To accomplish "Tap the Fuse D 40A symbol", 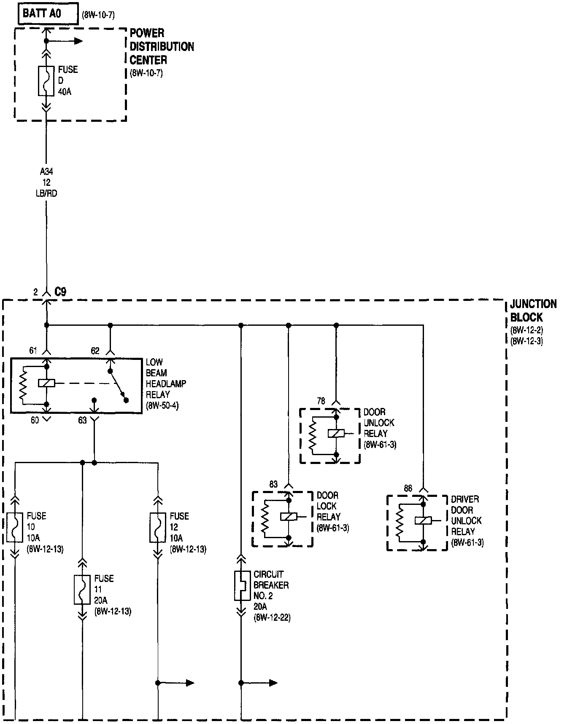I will point(46,81).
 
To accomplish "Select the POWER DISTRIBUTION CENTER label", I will point(162,46).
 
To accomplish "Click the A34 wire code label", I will point(46,172).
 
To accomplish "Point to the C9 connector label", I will point(60,292).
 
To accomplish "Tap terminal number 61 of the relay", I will point(34,351).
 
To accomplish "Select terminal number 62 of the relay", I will point(95,351).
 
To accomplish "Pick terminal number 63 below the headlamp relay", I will point(82,420).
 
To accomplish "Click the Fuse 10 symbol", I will point(15,527).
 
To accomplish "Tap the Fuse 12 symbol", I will point(158,527).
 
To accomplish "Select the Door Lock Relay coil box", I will point(289,517).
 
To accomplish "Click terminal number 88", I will point(408,489).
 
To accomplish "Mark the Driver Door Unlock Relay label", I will point(467,520).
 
